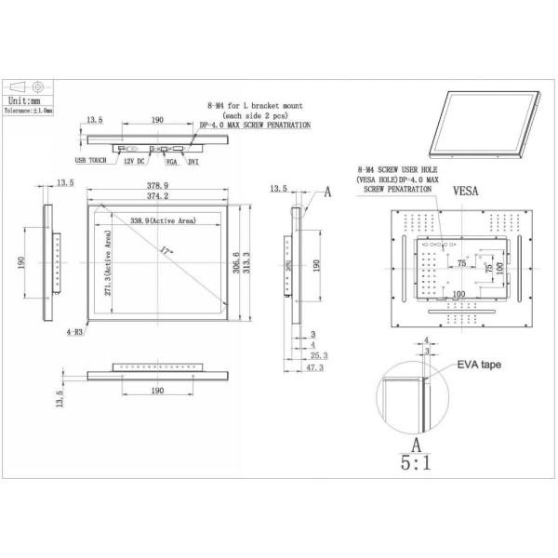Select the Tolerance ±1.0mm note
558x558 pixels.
pyautogui.click(x=30, y=109)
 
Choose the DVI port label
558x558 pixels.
pyautogui.click(x=193, y=162)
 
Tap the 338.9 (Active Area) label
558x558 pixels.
pyautogui.click(x=162, y=220)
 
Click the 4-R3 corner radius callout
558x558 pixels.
pyautogui.click(x=74, y=330)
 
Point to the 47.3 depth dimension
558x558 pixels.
pyautogui.click(x=314, y=367)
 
